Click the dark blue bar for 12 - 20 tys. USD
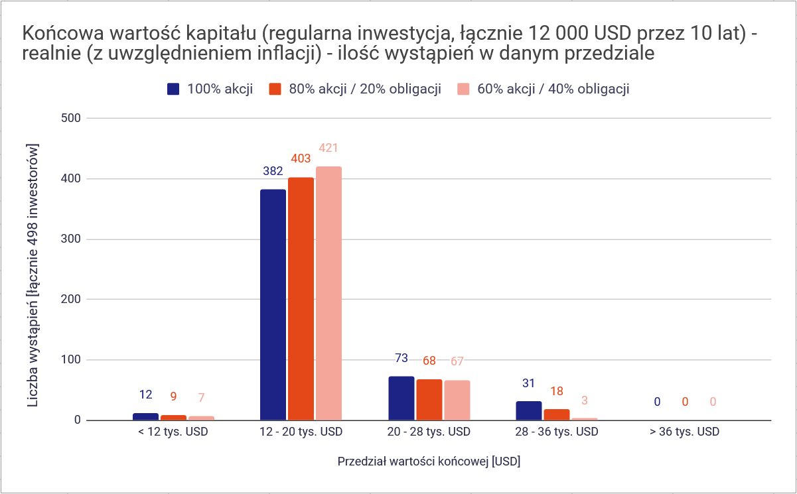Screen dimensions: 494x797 (273, 305)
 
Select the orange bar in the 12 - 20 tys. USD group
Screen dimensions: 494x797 (301, 299)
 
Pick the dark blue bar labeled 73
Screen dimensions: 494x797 (401, 399)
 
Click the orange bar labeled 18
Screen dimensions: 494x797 (557, 415)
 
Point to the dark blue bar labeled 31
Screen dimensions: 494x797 (529, 411)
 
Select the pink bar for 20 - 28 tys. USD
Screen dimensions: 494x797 (457, 401)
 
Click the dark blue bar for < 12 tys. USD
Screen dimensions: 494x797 (145, 417)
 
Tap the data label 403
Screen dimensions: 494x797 (301, 159)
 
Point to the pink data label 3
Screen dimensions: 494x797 (585, 401)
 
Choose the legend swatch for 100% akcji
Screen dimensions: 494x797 (174, 90)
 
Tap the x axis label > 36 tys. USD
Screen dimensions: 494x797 (684, 432)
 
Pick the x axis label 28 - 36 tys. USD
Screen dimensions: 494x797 (557, 432)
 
